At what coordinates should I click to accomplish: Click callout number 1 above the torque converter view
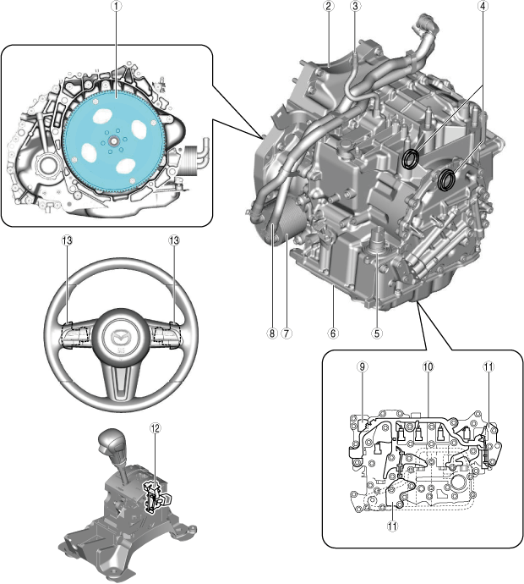click(115, 7)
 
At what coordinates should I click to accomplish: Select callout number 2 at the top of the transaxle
click(327, 7)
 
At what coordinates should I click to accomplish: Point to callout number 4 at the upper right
click(483, 7)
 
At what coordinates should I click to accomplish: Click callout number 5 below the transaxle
click(377, 333)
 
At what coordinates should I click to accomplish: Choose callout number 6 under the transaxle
click(333, 333)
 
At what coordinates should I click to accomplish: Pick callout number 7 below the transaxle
click(287, 333)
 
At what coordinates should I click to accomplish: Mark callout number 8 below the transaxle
click(272, 333)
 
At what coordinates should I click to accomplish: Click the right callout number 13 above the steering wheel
click(174, 241)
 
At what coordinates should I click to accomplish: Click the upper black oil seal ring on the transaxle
click(412, 157)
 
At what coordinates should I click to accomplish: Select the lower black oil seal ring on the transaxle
click(447, 179)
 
